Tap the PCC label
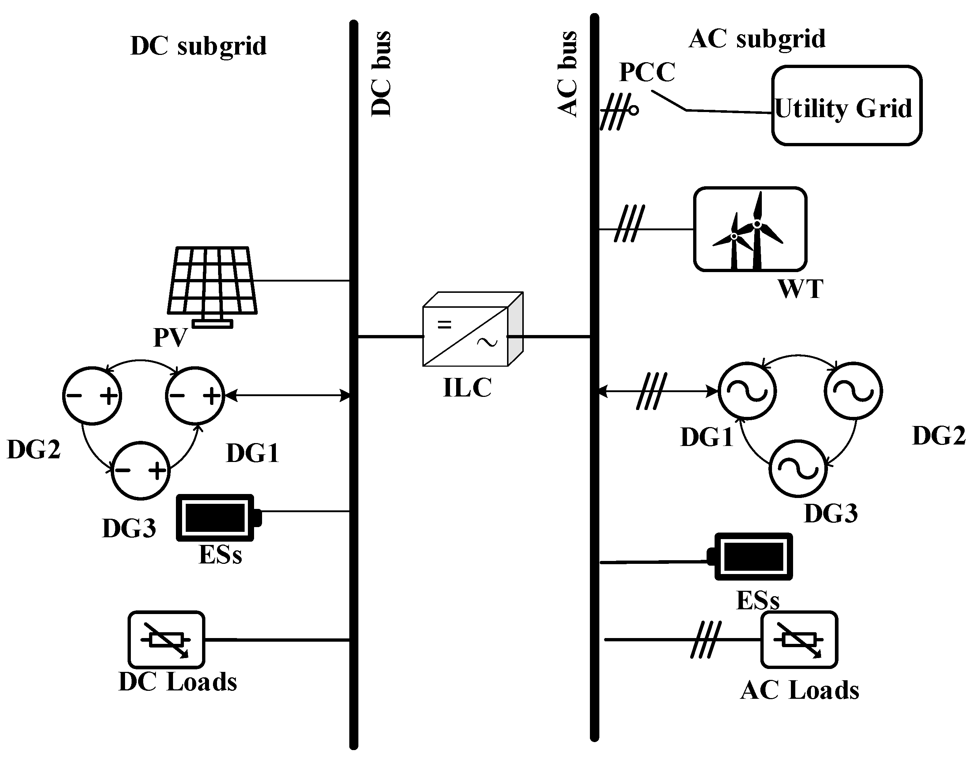point(647,72)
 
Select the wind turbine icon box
point(750,229)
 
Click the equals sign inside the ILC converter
point(444,324)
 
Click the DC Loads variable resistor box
point(166,640)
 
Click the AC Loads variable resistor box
point(799,640)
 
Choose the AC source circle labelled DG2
point(853,391)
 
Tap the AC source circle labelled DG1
point(747,391)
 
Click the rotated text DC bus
point(382,74)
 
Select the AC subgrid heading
point(757,39)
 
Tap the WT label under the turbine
point(800,289)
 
